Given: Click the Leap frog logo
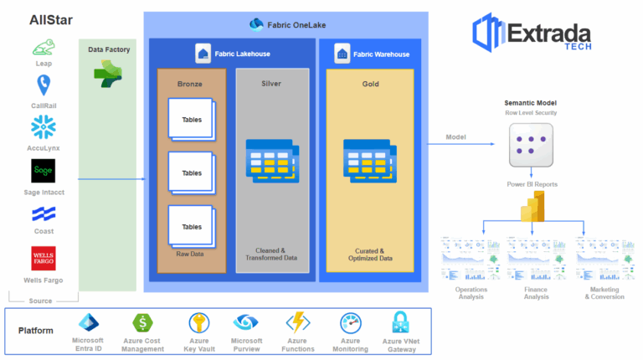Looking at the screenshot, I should pyautogui.click(x=44, y=47).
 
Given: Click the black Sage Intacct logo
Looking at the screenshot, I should pyautogui.click(x=44, y=172).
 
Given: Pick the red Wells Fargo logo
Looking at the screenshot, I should pyautogui.click(x=44, y=258).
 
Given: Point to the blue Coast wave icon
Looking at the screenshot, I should pyautogui.click(x=44, y=214).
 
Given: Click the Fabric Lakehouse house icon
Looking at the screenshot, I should pyautogui.click(x=202, y=54).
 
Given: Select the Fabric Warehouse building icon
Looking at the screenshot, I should pyautogui.click(x=342, y=54).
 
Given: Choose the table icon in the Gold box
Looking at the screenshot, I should pyautogui.click(x=369, y=159).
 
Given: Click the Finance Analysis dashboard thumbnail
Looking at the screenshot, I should pyautogui.click(x=536, y=260).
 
